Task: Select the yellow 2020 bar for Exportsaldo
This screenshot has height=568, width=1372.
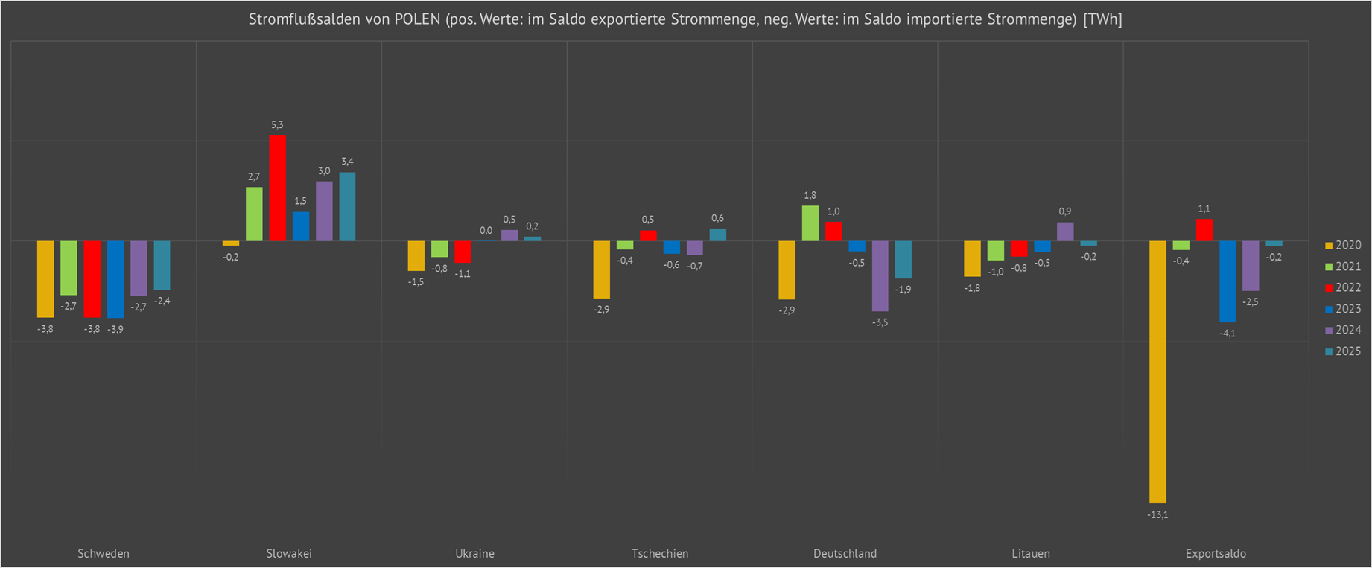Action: pyautogui.click(x=1157, y=371)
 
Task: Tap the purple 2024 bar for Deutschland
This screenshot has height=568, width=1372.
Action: pyautogui.click(x=880, y=275)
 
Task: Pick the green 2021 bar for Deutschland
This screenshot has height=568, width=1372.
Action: pyautogui.click(x=810, y=223)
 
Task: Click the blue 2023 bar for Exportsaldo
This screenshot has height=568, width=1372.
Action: pyautogui.click(x=1228, y=281)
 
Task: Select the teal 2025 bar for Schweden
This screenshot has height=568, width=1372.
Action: pyautogui.click(x=162, y=265)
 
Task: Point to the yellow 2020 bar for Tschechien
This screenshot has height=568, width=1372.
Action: pyautogui.click(x=601, y=269)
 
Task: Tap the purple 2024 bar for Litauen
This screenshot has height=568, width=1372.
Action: pyautogui.click(x=1065, y=232)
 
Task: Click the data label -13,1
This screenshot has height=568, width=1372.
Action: pyautogui.click(x=1157, y=514)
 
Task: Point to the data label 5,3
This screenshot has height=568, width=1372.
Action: pyautogui.click(x=277, y=125)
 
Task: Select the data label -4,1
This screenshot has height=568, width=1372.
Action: pyautogui.click(x=1228, y=333)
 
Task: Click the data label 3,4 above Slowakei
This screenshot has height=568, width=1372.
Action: pyautogui.click(x=347, y=162)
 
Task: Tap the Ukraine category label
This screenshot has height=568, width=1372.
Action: pyautogui.click(x=474, y=554)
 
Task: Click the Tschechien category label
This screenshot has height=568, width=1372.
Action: pyautogui.click(x=660, y=554)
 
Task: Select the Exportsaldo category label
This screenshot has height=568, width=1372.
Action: pyautogui.click(x=1216, y=554)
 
